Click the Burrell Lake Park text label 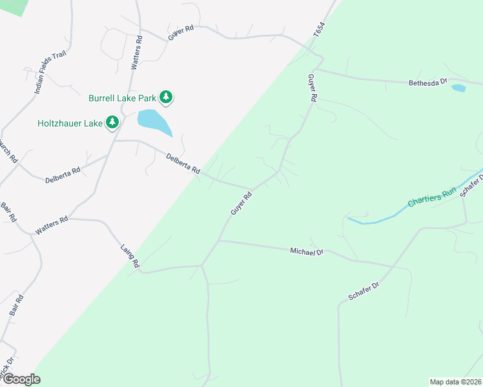pyautogui.click(x=123, y=99)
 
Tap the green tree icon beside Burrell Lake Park pyautogui.click(x=167, y=97)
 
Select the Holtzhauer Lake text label pyautogui.click(x=69, y=122)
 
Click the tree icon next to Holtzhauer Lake pyautogui.click(x=112, y=121)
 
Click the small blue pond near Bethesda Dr pyautogui.click(x=458, y=88)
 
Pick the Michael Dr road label pyautogui.click(x=306, y=251)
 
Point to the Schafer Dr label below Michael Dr pyautogui.click(x=365, y=293)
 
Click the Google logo pyautogui.click(x=21, y=379)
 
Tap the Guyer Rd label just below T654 pyautogui.click(x=313, y=88)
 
